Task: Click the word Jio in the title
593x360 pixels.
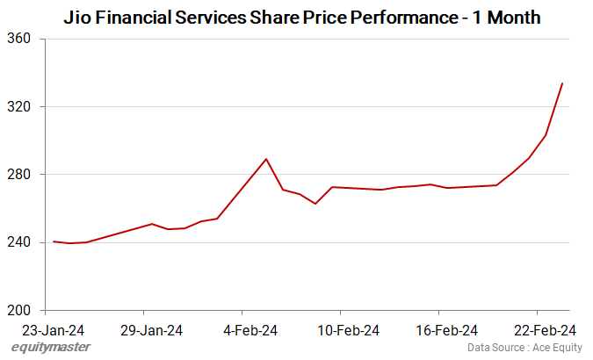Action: pyautogui.click(x=77, y=17)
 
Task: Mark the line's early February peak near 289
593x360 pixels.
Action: pyautogui.click(x=266, y=159)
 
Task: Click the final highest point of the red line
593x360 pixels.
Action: pyautogui.click(x=562, y=83)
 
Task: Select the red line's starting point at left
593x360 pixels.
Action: pyautogui.click(x=54, y=241)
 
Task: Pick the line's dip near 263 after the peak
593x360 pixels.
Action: pyautogui.click(x=315, y=204)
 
